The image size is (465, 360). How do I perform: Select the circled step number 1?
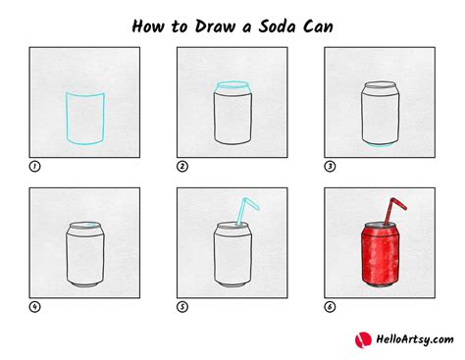(34, 167)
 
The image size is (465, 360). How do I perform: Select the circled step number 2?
(182, 167)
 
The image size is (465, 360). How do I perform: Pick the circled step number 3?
(331, 167)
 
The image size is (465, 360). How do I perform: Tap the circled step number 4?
(34, 307)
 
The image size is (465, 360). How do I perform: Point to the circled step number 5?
(182, 307)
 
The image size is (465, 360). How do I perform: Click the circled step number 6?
(331, 307)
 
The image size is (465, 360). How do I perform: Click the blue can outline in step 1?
(82, 118)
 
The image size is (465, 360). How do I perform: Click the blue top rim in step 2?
(232, 87)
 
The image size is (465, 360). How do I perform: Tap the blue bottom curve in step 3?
(379, 145)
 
